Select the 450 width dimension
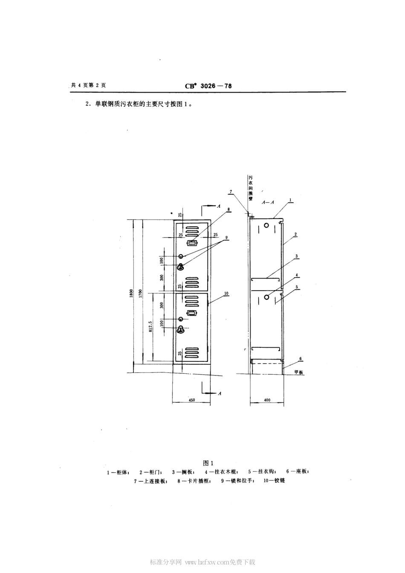pyautogui.click(x=191, y=400)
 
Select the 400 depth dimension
pyautogui.click(x=267, y=400)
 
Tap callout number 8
pyautogui.click(x=229, y=209)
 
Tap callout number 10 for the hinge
pyautogui.click(x=226, y=294)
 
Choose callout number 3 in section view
pyautogui.click(x=296, y=256)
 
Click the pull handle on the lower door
pyautogui.click(x=181, y=329)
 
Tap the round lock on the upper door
pyautogui.click(x=181, y=256)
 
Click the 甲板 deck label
pyautogui.click(x=298, y=372)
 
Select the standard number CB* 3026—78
pyautogui.click(x=208, y=86)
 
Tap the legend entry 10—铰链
pyautogui.click(x=274, y=480)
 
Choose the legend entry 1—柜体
pyautogui.click(x=118, y=472)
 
